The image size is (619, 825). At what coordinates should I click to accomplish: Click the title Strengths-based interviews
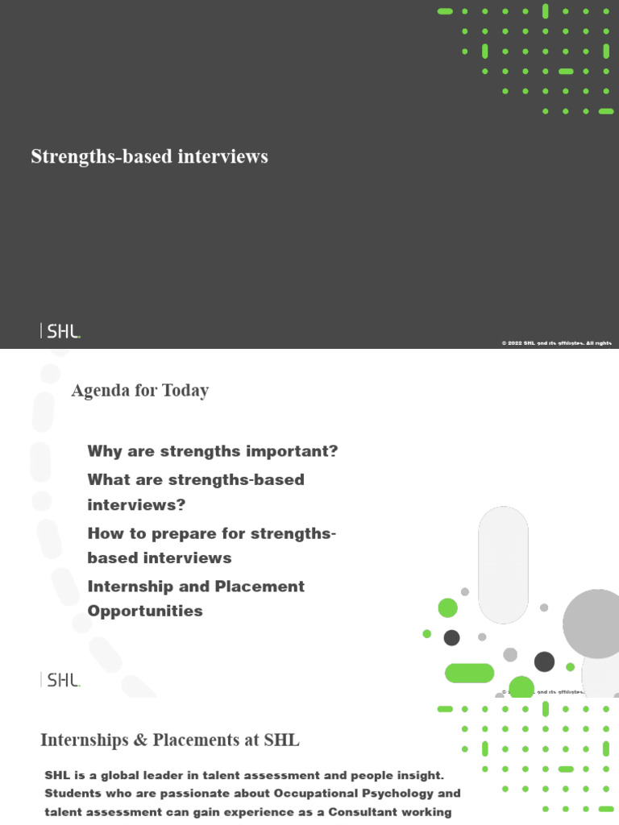point(149,156)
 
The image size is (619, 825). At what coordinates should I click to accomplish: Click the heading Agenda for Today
point(139,391)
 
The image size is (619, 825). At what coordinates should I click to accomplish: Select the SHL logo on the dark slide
point(60,330)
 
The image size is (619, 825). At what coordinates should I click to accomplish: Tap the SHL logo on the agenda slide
point(60,680)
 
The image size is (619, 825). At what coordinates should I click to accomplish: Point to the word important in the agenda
point(293,451)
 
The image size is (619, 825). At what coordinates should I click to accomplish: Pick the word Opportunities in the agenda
point(145,611)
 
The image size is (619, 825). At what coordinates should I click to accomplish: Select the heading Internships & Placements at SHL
point(170,740)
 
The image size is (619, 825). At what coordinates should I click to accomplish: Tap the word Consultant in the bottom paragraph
point(363,812)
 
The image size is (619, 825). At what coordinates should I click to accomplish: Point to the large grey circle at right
point(592,624)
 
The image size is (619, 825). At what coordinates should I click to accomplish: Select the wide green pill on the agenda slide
point(469,673)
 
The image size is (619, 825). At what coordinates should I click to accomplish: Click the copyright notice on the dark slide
point(556,343)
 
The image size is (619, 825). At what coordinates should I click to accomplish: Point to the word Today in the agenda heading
point(185,391)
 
